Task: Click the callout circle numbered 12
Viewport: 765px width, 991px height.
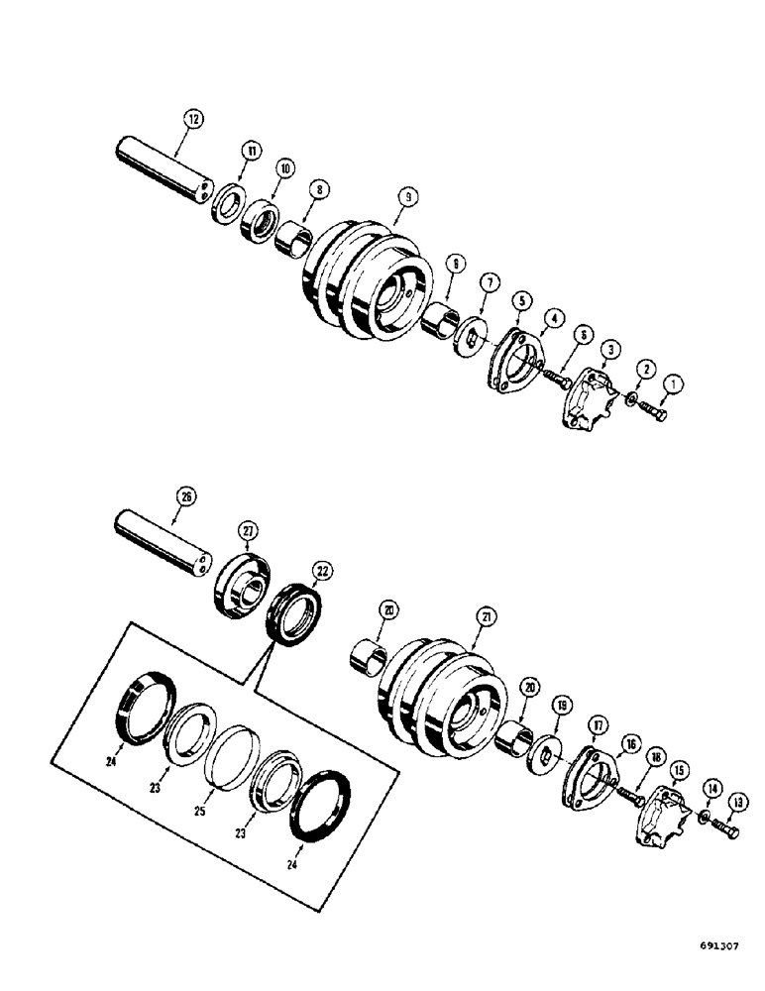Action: [193, 119]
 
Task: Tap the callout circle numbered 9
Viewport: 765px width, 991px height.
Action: [405, 196]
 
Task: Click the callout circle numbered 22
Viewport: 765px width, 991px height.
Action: [322, 570]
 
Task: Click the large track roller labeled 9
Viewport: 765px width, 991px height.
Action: [367, 273]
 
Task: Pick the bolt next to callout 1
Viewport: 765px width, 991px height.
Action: [653, 410]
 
